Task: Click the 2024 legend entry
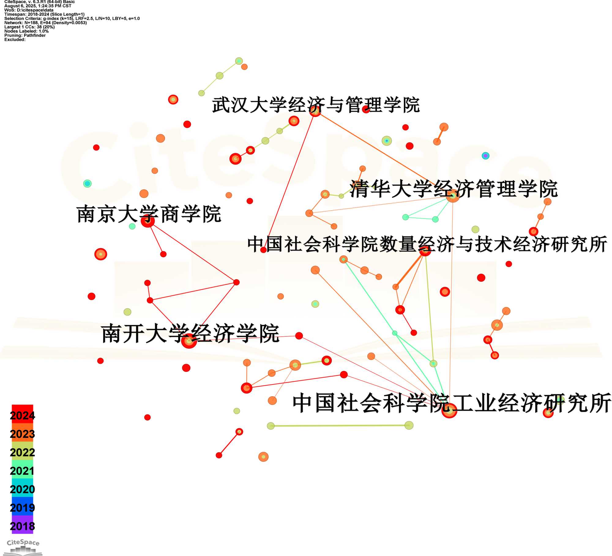(22, 415)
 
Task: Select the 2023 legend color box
(22, 433)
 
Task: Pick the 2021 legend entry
(22, 470)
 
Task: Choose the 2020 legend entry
(22, 488)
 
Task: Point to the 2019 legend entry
(22, 507)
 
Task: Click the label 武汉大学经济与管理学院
(316, 105)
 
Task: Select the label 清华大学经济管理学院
(453, 189)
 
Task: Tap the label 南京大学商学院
(149, 214)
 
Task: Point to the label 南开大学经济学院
(190, 333)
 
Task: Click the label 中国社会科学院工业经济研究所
(452, 403)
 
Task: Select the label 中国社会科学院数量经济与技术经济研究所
(427, 244)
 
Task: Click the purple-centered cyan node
(485, 156)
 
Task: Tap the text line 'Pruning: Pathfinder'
(25, 35)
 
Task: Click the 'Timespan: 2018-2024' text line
(44, 14)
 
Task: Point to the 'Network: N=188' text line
(46, 23)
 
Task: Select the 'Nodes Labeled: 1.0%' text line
(26, 31)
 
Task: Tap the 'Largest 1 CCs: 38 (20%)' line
(29, 27)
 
